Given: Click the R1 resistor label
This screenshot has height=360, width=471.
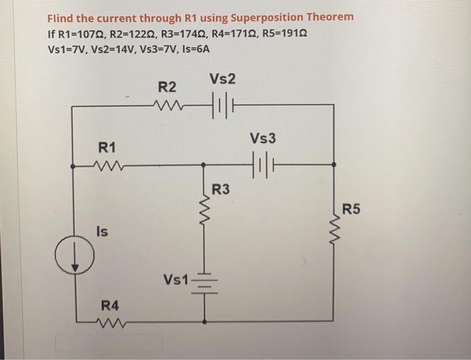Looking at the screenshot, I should click(x=107, y=147).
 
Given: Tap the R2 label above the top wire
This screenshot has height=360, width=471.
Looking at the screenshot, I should click(x=167, y=87).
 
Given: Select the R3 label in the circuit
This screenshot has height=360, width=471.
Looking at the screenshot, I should click(x=221, y=190).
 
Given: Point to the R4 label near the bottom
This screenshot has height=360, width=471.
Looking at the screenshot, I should click(x=110, y=306).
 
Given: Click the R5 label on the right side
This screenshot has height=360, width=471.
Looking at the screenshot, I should click(x=351, y=208).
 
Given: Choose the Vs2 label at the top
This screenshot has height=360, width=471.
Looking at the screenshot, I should click(x=221, y=79).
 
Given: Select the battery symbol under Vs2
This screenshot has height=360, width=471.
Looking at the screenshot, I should click(x=222, y=106).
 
